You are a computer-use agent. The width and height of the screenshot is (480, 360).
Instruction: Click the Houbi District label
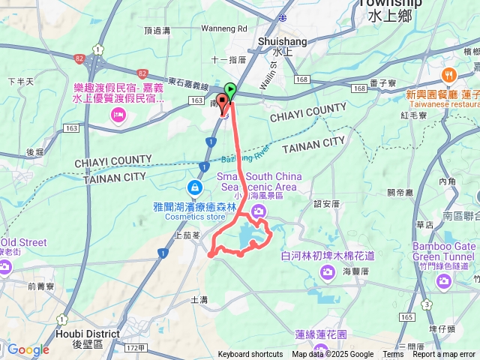click(x=87, y=334)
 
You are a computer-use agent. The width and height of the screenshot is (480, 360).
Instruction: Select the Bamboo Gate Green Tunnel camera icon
click(x=443, y=280)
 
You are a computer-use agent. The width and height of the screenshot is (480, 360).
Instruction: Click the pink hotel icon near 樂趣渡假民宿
click(x=118, y=115)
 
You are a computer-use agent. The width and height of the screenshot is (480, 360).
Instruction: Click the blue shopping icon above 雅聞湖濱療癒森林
click(x=194, y=186)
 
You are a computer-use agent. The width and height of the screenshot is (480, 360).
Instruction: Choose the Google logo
click(x=28, y=349)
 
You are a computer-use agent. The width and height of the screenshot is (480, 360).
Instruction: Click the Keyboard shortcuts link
click(x=250, y=355)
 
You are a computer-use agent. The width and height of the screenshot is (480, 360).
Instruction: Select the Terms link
click(x=393, y=355)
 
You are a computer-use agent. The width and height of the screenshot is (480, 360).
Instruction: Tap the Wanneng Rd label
click(x=223, y=29)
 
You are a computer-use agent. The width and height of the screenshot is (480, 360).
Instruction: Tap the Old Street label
click(x=24, y=243)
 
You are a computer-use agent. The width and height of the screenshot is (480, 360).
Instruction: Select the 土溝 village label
click(x=199, y=299)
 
